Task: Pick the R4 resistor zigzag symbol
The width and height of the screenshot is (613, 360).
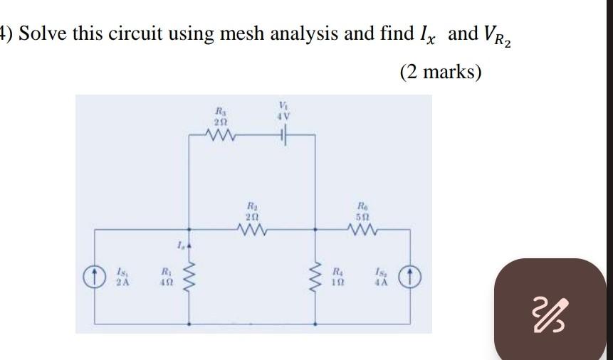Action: click(315, 277)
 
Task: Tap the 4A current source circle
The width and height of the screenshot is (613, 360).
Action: click(411, 275)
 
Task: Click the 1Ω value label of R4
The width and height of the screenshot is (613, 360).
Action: click(340, 281)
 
